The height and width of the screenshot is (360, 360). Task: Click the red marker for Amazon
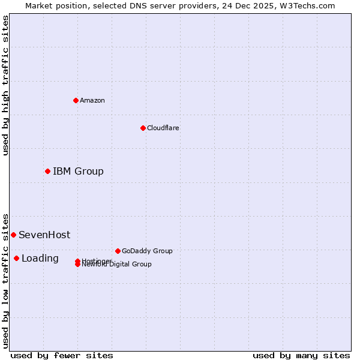[76, 100]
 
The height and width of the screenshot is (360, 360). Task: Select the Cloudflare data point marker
[143, 128]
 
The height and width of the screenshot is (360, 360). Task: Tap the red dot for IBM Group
[47, 172]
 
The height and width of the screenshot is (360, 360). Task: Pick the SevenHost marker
[13, 235]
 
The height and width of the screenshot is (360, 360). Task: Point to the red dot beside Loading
[16, 258]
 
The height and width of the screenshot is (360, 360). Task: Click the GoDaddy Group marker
[118, 251]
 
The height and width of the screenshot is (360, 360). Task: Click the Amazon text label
[92, 100]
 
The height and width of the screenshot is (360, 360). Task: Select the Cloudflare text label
[163, 128]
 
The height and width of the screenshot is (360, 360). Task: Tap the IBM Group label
[78, 172]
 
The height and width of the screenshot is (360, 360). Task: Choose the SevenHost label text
[44, 235]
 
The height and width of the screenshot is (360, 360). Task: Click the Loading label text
[40, 259]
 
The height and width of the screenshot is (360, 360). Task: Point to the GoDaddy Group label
[147, 251]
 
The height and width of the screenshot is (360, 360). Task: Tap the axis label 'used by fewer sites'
[62, 355]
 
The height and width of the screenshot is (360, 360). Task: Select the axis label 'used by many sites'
[301, 355]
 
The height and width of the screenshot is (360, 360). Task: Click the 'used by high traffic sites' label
[5, 85]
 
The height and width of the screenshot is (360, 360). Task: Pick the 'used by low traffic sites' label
[5, 280]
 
